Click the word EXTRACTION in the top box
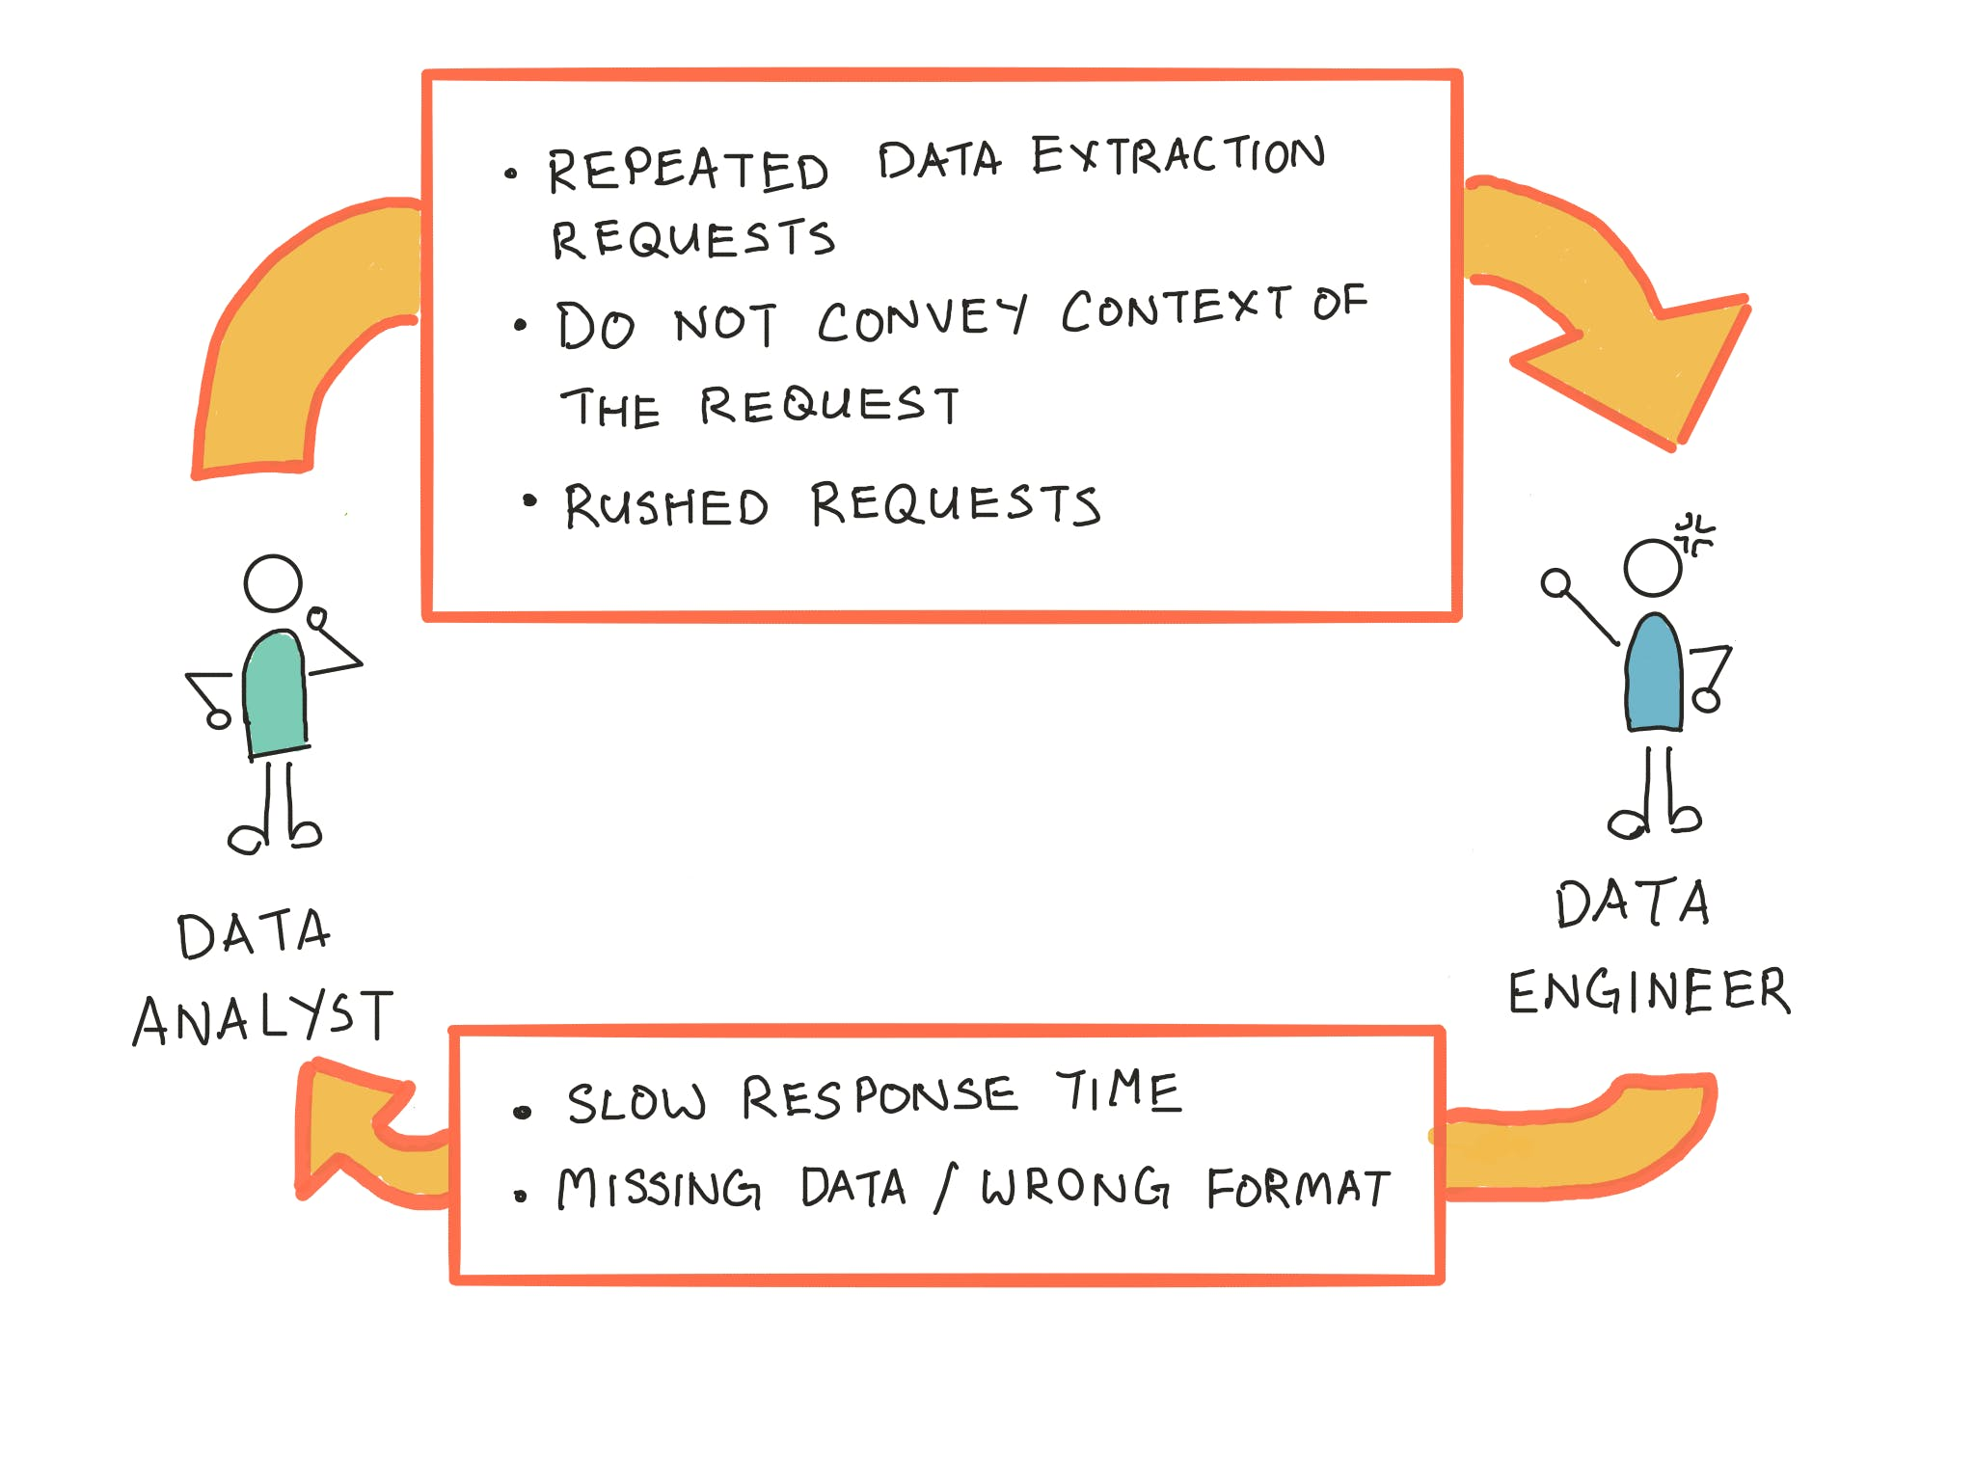click(1178, 157)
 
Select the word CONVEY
click(922, 318)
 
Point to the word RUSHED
click(666, 506)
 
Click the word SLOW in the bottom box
click(636, 1102)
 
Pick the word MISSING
click(660, 1188)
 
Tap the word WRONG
click(1075, 1187)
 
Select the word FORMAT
click(1298, 1188)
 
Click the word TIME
click(1118, 1092)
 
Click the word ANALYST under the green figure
click(263, 1018)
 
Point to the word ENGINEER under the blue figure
click(1649, 991)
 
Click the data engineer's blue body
click(1654, 674)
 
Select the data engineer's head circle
click(1653, 568)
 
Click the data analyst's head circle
click(273, 583)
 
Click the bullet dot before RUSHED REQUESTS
click(529, 499)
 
